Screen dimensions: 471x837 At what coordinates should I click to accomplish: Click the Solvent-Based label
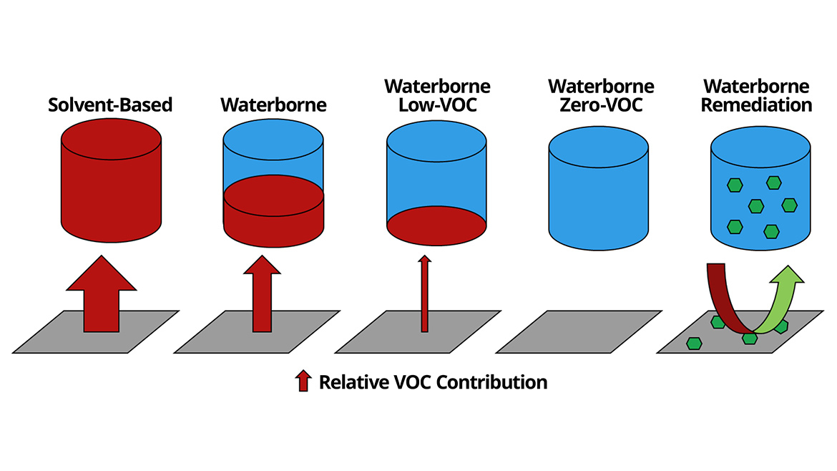110,105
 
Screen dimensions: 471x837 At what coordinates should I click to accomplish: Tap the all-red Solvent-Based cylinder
111,186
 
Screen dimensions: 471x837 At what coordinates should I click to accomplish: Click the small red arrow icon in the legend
304,381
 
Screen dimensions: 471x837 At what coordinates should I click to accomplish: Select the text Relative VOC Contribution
433,382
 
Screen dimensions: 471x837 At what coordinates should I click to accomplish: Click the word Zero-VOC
601,105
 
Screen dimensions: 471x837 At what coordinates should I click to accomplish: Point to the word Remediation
756,105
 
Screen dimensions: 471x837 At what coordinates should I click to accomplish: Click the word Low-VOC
438,105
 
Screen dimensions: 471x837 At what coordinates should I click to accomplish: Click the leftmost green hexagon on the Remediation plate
693,344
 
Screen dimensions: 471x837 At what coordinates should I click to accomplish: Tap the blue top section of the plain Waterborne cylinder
274,154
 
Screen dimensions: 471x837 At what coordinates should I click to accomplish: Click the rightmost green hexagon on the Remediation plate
780,326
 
